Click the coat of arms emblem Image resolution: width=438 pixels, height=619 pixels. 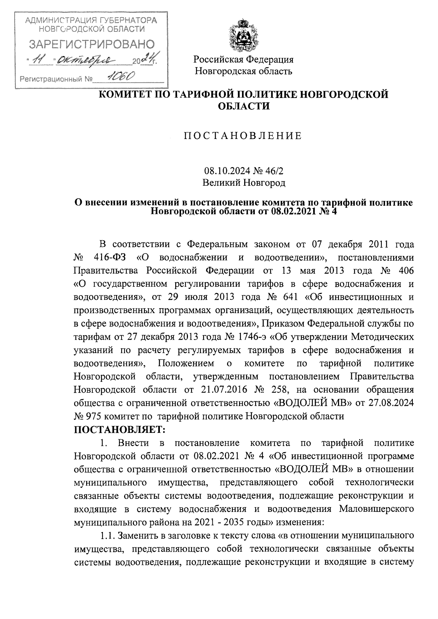[x=243, y=37]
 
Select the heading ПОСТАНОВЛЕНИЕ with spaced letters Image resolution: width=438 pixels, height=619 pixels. [x=243, y=136]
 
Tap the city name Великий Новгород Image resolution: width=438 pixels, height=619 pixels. [x=244, y=182]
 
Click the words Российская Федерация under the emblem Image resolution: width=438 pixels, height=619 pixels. [x=243, y=59]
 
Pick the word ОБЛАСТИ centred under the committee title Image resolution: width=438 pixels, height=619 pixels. [x=243, y=106]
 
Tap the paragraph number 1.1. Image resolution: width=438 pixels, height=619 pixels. [x=108, y=536]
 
